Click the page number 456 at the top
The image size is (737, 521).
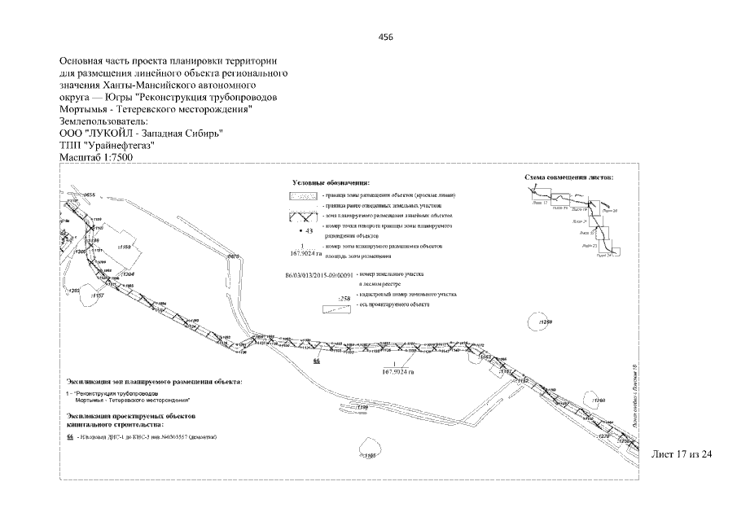point(386,37)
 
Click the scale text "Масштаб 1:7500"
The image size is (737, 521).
point(95,157)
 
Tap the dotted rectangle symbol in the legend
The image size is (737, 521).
point(305,196)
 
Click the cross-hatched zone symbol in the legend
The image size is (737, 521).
point(305,217)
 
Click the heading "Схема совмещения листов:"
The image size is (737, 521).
point(569,177)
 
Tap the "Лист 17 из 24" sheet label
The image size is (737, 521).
point(682,453)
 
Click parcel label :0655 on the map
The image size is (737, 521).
point(88,195)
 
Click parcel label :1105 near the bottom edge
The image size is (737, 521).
point(369,455)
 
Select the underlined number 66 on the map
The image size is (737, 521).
point(317,359)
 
